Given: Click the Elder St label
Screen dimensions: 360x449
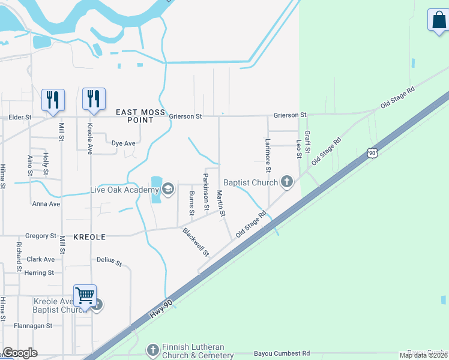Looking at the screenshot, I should click(x=19, y=117).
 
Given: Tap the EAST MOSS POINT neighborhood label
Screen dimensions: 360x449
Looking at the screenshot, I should click(x=134, y=116).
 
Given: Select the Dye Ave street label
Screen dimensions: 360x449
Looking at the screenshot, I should click(x=124, y=143).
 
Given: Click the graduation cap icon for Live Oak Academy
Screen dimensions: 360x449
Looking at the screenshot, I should click(x=167, y=190).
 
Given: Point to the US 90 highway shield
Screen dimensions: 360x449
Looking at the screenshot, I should click(x=373, y=153).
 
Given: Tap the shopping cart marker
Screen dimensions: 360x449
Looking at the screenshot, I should click(x=85, y=295).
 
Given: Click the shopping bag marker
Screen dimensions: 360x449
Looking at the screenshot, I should click(x=438, y=20).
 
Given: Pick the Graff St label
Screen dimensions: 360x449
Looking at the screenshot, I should click(x=307, y=142).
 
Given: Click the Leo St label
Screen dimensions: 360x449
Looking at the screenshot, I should click(x=298, y=149).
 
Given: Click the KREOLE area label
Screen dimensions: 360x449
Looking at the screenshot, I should click(x=89, y=237).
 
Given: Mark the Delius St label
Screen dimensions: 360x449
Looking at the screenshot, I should click(x=109, y=262).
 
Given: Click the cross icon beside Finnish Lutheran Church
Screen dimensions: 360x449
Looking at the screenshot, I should click(x=153, y=349).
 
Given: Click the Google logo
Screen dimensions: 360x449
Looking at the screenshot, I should click(x=20, y=353).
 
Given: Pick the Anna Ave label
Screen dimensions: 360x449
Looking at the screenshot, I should click(x=47, y=204).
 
